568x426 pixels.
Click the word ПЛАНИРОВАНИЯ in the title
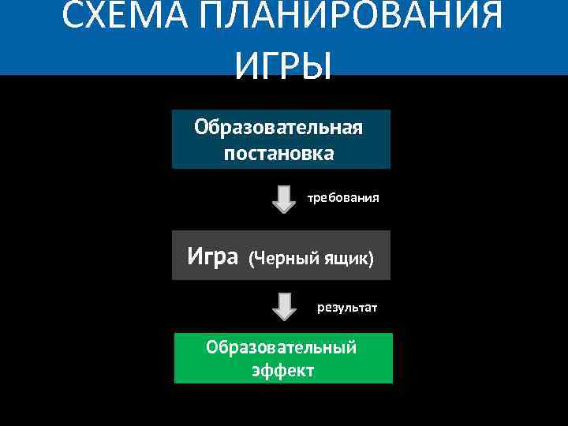(353, 16)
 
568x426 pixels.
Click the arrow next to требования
(284, 199)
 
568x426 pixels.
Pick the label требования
(343, 198)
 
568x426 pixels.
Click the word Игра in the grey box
(213, 256)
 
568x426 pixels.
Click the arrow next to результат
(284, 306)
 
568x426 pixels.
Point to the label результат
(347, 307)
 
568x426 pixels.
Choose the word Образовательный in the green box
(281, 347)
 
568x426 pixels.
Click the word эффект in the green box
(283, 370)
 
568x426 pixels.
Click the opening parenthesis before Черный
(252, 259)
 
